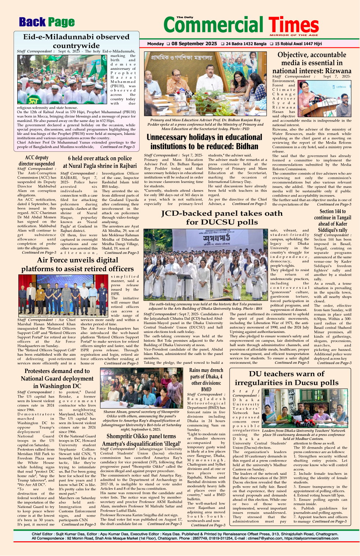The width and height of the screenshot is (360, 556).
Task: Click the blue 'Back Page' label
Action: (x=47, y=22)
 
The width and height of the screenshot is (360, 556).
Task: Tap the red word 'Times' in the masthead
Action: (x=294, y=25)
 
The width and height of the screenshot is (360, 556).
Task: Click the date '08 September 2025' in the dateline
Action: (x=194, y=43)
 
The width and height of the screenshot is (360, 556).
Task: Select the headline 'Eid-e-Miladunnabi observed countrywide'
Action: (x=76, y=41)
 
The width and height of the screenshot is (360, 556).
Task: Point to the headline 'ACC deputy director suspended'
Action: (x=37, y=161)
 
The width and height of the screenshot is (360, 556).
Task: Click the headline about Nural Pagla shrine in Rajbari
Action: (x=100, y=162)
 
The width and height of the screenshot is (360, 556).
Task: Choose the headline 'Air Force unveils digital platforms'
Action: (x=77, y=265)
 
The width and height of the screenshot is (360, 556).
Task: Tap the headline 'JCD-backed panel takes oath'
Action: (x=222, y=218)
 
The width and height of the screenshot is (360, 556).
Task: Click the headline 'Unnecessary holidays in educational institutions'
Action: (x=204, y=142)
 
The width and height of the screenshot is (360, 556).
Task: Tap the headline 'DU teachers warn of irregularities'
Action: (x=287, y=378)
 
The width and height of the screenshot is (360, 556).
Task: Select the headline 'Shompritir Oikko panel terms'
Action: (x=141, y=440)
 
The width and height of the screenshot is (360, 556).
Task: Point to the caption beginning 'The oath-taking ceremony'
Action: (x=205, y=306)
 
